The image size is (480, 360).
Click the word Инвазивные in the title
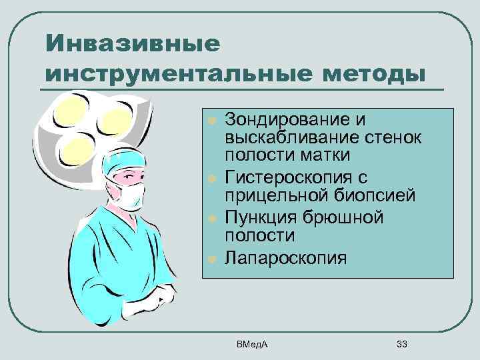132,45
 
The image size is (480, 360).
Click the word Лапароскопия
286,257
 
